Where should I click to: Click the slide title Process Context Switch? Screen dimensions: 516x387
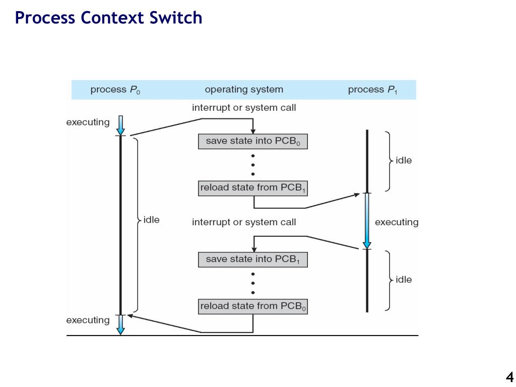108,18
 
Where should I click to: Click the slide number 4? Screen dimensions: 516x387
509,376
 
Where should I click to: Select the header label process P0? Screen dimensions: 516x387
115,90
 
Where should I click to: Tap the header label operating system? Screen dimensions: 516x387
244,90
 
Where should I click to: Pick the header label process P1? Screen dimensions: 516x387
372,90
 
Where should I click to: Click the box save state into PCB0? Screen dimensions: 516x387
253,141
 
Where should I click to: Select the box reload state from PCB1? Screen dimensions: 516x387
253,188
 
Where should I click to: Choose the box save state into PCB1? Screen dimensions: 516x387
253,260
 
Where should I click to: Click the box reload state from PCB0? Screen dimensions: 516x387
253,306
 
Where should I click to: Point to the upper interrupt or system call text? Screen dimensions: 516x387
244,108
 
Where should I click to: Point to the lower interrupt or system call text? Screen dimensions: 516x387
244,222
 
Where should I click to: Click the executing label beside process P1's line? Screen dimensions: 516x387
397,222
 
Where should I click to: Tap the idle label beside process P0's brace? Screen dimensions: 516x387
151,220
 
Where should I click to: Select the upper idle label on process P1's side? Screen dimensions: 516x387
404,160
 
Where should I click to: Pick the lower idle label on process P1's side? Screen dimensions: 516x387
404,279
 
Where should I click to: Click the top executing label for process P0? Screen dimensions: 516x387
88,122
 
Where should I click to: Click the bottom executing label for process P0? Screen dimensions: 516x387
88,320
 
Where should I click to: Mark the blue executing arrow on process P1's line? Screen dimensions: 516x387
367,221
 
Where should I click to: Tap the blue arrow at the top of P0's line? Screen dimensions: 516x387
121,125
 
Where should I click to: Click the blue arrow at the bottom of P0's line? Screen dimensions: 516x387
121,325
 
